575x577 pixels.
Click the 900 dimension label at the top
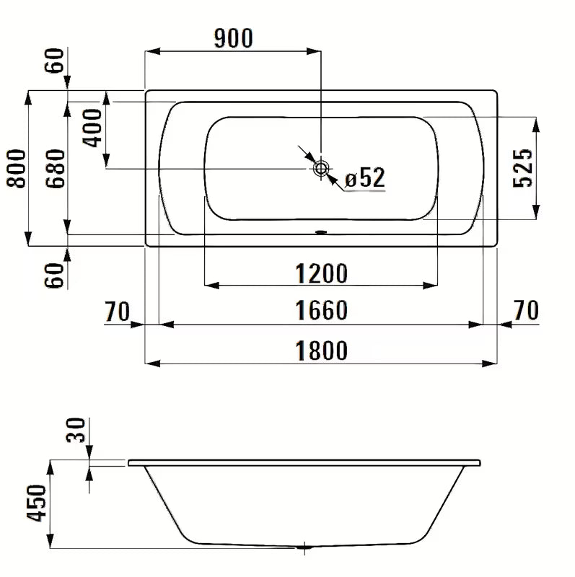point(233,38)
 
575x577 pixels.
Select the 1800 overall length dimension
point(322,351)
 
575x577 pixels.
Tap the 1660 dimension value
point(322,312)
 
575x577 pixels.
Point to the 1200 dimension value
point(322,273)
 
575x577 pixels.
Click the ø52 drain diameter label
point(364,177)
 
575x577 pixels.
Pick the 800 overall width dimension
point(16,168)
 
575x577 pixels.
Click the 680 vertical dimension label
point(56,168)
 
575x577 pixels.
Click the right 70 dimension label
point(527,312)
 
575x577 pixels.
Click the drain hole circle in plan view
point(321,168)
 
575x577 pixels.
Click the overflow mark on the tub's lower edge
point(321,233)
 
